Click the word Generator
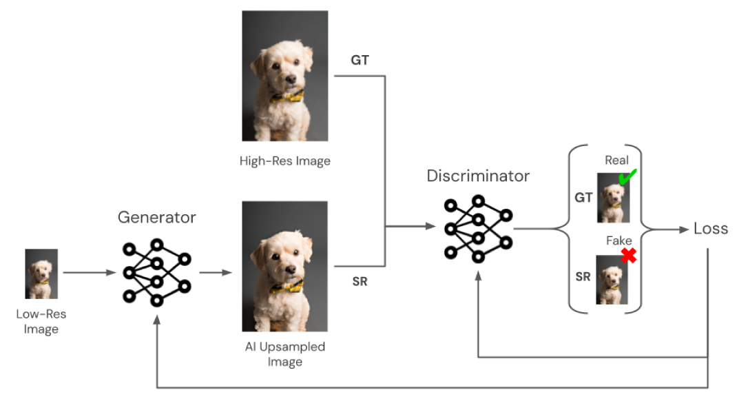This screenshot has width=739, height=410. point(156,218)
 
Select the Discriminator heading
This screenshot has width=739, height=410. point(478,176)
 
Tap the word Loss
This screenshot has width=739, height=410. point(710,229)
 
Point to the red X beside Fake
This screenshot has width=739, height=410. point(627,256)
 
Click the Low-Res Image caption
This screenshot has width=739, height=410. point(41,321)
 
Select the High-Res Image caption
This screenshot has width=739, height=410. point(284,161)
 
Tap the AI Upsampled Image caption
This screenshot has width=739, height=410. point(284,353)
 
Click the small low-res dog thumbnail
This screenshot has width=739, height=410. point(41,274)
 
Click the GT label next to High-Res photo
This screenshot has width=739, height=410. point(360,61)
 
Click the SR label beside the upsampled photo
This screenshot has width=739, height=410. point(360,281)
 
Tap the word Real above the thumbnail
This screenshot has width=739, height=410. point(616,161)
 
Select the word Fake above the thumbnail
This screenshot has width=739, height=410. point(618,240)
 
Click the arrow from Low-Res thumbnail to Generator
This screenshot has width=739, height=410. point(89,273)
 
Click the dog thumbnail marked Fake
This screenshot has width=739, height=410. point(612,279)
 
